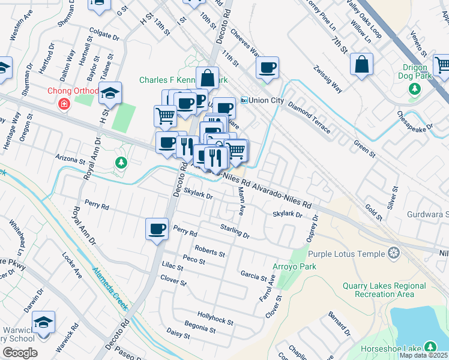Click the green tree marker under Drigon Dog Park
[414, 89]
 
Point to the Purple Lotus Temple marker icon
[394, 254]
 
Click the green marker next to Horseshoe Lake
[430, 347]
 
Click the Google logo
[20, 352]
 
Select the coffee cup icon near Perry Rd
[157, 229]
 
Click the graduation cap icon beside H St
[110, 93]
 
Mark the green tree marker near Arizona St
[121, 163]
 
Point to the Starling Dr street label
[235, 232]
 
